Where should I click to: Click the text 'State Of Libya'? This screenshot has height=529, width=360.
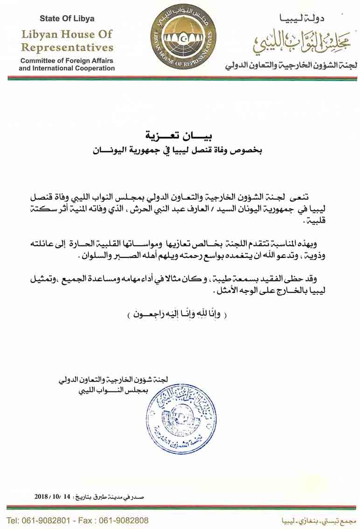pos(67,19)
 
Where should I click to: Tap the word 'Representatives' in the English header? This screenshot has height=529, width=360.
pos(67,48)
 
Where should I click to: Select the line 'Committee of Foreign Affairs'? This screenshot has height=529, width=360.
pos(67,61)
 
